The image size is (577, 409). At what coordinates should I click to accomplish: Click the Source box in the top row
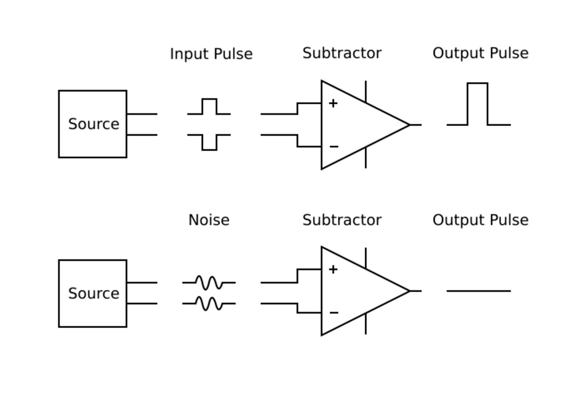[93, 124]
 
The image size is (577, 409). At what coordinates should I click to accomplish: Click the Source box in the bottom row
[93, 293]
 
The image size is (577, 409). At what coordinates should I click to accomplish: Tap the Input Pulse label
[211, 54]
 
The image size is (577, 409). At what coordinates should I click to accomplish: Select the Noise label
[209, 220]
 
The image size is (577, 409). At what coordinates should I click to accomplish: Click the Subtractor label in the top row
[342, 54]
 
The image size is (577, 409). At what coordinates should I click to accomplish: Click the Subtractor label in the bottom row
[342, 220]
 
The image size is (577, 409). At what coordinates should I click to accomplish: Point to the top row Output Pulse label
[480, 54]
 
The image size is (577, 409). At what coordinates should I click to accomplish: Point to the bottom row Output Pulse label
[480, 220]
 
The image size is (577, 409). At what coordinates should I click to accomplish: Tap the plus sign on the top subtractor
[333, 103]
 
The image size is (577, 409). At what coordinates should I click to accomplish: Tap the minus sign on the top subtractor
[334, 147]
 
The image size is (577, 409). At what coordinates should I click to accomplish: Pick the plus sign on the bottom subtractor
[333, 270]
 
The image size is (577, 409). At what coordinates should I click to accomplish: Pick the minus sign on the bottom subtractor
[334, 312]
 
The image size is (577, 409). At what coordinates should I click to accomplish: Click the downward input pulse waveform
[209, 142]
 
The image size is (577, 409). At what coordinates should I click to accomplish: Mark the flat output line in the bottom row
[478, 291]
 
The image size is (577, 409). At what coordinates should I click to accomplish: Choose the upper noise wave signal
[209, 282]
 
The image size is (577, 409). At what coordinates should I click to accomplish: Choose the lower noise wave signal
[209, 304]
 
